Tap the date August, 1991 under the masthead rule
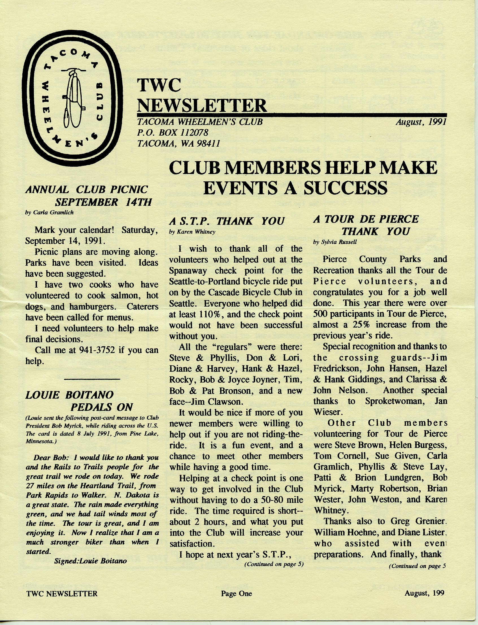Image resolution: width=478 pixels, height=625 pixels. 421,122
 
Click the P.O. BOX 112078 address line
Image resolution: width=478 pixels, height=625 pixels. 173,133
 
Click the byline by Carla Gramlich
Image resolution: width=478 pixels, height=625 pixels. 49,212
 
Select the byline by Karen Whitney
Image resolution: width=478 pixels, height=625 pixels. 192,232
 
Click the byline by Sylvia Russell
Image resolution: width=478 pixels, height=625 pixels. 334,242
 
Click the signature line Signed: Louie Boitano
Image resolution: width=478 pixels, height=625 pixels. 90,561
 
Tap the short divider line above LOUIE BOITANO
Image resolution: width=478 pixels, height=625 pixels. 92,379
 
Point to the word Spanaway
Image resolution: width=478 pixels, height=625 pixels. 188,270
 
